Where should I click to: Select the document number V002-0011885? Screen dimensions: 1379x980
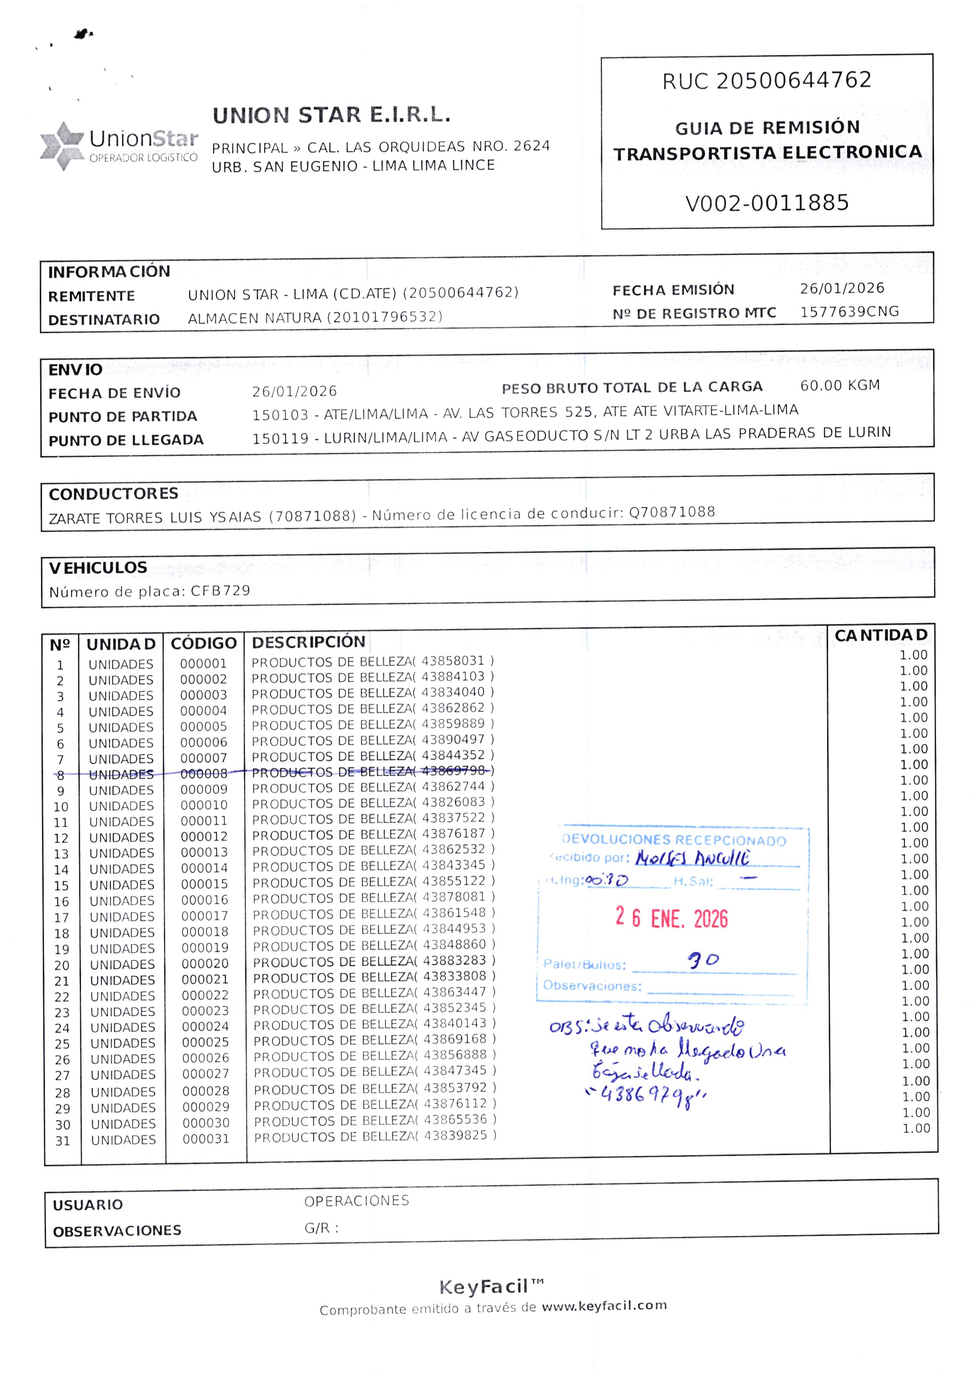pos(767,203)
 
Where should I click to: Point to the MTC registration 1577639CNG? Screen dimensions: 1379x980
pos(849,312)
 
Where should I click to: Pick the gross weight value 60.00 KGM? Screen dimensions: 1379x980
pos(839,385)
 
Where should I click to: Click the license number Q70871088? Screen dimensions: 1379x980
pos(672,512)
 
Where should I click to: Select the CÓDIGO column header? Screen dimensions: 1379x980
pos(203,643)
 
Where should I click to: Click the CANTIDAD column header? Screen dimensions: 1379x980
pos(881,635)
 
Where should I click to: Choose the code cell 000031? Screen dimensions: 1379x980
pos(206,1139)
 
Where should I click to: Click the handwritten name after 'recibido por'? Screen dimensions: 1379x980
pos(693,858)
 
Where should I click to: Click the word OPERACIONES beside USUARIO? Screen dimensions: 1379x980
pos(356,1201)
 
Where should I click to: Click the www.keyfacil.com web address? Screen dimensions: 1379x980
pos(604,1305)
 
